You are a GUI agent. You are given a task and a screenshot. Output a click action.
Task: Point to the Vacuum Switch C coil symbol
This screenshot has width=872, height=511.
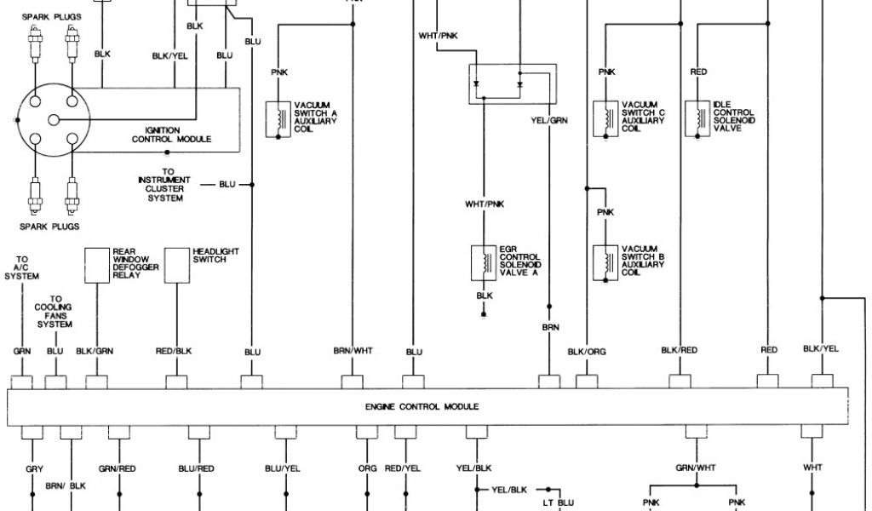click(606, 118)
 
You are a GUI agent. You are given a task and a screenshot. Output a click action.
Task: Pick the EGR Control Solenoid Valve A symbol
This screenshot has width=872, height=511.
click(484, 263)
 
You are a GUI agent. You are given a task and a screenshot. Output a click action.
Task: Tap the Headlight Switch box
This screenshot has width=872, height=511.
click(176, 264)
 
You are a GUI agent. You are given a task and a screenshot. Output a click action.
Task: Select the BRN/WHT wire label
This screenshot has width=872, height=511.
click(353, 351)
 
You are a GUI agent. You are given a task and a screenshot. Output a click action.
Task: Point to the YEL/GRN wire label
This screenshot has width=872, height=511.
click(549, 120)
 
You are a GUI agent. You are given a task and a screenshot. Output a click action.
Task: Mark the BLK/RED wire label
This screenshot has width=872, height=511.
click(680, 350)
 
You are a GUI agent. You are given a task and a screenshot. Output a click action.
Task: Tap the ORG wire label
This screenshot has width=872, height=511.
click(367, 468)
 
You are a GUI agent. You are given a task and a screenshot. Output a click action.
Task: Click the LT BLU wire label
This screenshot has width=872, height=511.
click(559, 503)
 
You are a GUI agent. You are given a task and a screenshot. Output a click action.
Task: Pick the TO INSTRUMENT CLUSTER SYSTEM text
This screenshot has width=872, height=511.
click(165, 184)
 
